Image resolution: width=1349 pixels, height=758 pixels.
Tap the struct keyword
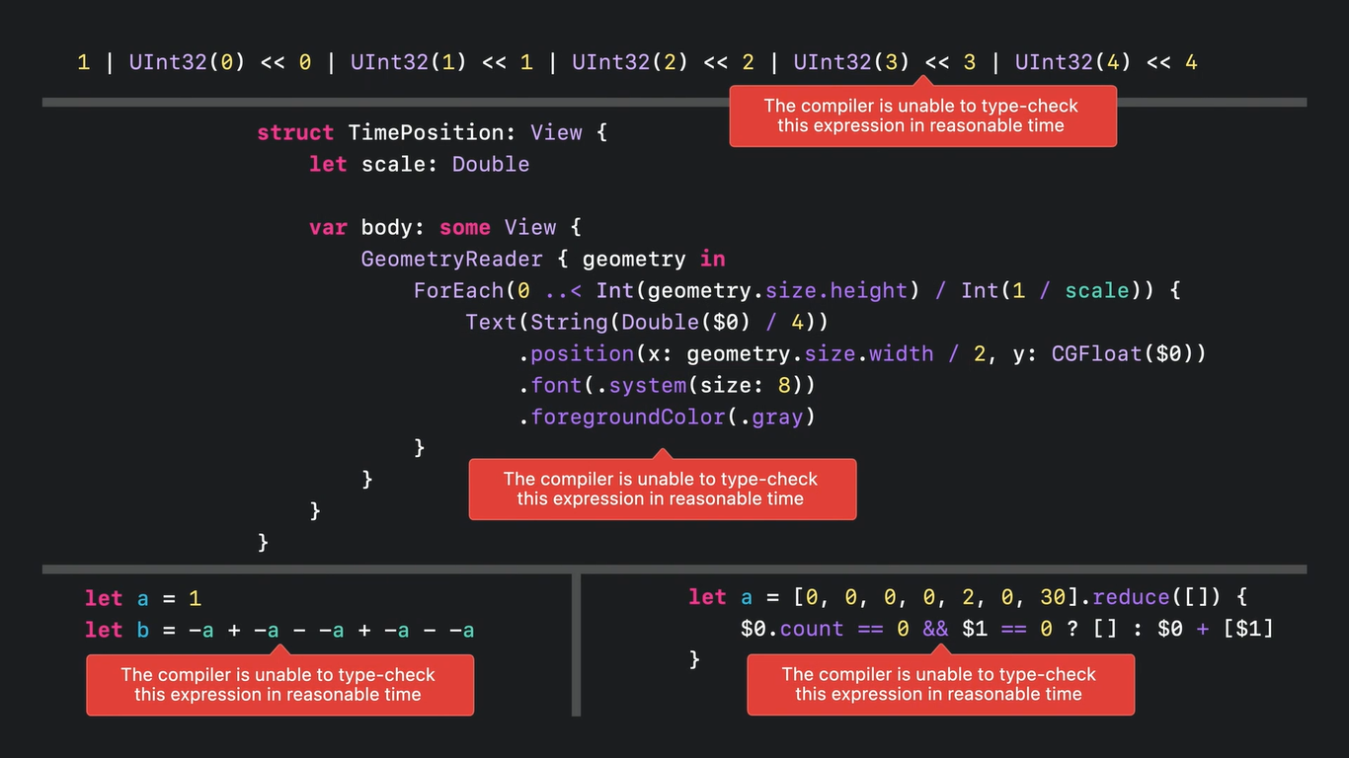(295, 132)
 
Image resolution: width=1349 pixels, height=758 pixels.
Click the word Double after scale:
(491, 164)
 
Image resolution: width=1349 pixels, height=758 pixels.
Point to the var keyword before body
(328, 227)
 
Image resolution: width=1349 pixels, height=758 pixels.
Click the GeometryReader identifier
(451, 259)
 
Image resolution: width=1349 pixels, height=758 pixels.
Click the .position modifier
(577, 353)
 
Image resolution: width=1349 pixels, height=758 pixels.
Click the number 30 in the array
(1053, 597)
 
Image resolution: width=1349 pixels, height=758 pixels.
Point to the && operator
(934, 629)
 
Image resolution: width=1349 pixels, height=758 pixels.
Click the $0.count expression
(792, 629)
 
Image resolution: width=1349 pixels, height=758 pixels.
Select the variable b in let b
(143, 630)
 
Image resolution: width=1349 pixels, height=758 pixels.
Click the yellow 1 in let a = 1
(195, 598)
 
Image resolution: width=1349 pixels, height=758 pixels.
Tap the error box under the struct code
(662, 489)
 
